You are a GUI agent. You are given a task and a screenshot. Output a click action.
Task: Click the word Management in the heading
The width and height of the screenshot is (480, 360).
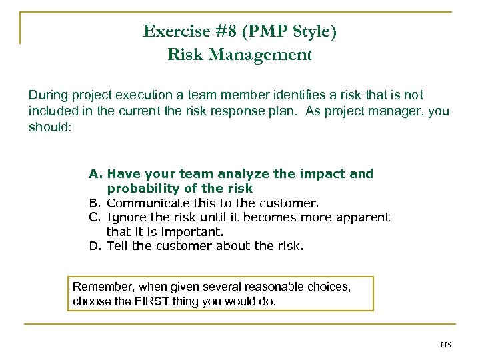[269, 55]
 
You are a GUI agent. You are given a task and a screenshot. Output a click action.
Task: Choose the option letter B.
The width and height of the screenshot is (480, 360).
[95, 203]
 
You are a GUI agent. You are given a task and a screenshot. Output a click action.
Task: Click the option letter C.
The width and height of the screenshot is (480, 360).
[95, 217]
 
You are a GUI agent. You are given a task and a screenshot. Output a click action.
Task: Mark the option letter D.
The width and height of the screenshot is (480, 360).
[95, 246]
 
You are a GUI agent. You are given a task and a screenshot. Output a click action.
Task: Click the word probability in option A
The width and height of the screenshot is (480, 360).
[141, 189]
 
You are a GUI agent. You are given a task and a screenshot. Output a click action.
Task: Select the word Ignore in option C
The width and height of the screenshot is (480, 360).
[125, 217]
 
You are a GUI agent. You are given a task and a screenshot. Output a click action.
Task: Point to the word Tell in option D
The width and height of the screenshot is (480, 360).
[117, 246]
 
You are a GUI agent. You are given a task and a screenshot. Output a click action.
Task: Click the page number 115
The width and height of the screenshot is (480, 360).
[445, 345]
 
